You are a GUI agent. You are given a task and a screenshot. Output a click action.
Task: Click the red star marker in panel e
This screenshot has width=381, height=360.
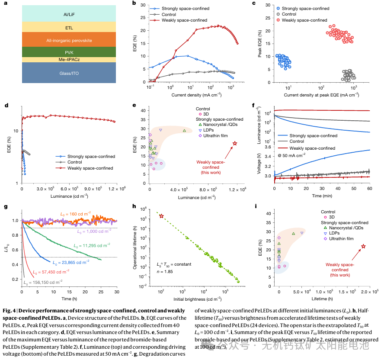click(235, 143)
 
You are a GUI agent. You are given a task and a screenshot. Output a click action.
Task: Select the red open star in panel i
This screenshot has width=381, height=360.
click(363, 246)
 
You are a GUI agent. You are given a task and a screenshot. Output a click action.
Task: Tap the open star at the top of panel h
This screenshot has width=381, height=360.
click(161, 216)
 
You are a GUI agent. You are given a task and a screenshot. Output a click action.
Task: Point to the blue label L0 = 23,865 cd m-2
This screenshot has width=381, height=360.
click(71, 262)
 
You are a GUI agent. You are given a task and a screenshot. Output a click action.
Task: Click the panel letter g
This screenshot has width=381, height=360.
click(6, 206)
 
